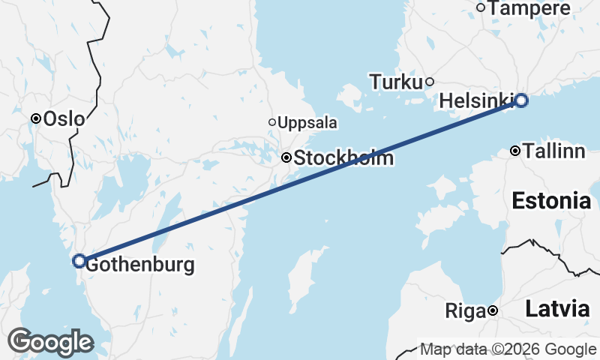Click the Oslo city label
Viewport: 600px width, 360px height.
(x=64, y=118)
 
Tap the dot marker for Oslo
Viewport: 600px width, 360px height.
(x=35, y=118)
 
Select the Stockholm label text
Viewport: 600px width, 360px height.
(x=343, y=159)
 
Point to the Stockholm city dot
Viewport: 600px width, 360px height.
(x=286, y=158)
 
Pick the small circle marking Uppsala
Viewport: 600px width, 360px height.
(x=272, y=122)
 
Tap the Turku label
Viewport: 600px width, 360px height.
(x=396, y=82)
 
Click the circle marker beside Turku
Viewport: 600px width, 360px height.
(x=430, y=82)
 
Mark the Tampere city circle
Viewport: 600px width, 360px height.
(x=481, y=7)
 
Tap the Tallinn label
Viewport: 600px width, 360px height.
(x=553, y=151)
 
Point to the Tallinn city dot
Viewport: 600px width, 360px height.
(x=515, y=151)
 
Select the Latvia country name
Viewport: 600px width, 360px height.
(x=556, y=308)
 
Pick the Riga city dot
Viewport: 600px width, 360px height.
(x=493, y=310)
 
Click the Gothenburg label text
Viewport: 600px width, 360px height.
(x=139, y=265)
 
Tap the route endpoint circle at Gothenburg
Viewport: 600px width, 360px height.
(x=79, y=261)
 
